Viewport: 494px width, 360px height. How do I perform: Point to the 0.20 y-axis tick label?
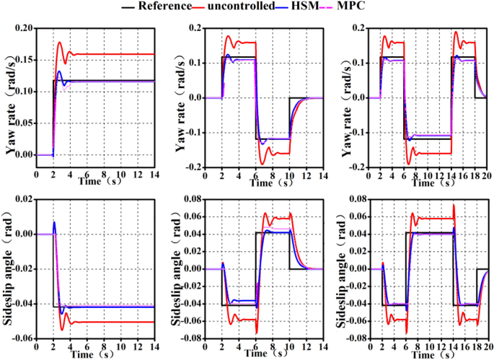[x=24, y=28]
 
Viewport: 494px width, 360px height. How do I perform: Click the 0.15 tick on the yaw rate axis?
[x=24, y=60]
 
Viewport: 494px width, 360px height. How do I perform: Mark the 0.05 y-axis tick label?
[x=24, y=123]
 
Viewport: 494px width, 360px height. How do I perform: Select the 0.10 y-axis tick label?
[x=24, y=92]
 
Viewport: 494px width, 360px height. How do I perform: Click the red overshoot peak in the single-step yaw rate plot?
[x=60, y=43]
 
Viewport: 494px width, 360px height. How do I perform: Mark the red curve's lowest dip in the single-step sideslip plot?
[x=62, y=330]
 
